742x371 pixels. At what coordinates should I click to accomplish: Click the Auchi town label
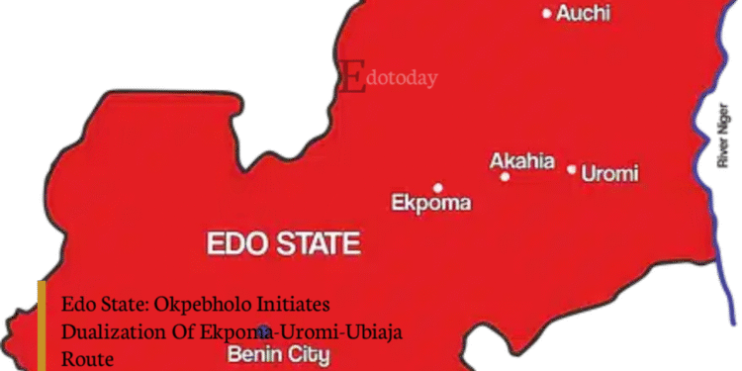[x=583, y=14]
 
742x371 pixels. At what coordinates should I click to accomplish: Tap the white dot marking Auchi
[x=547, y=14]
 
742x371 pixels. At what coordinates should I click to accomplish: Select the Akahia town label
[x=522, y=161]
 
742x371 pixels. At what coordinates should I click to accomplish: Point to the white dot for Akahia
[x=505, y=177]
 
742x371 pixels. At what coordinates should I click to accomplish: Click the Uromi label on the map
[x=609, y=174]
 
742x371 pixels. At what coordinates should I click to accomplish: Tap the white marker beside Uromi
[x=571, y=169]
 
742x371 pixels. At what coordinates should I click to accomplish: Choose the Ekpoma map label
[x=431, y=204]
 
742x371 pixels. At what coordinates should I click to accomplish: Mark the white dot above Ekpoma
[x=437, y=187]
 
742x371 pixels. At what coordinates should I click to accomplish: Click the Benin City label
[x=279, y=353]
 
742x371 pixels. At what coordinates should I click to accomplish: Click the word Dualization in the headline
[x=108, y=330]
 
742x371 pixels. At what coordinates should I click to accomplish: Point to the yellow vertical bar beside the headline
[x=42, y=325]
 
